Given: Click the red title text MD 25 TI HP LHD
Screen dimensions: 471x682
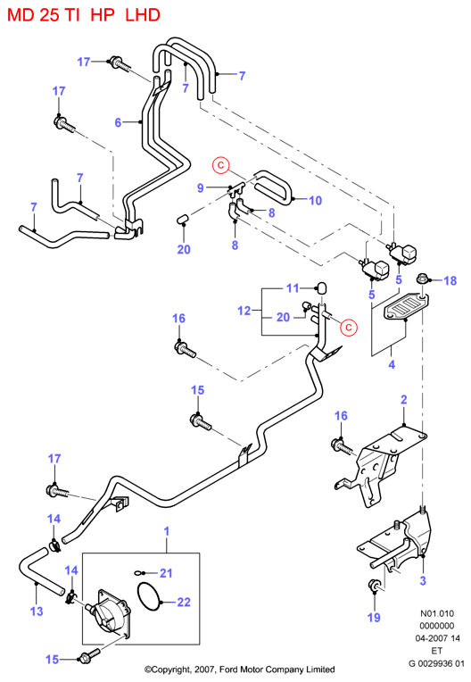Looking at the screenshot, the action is click(84, 15).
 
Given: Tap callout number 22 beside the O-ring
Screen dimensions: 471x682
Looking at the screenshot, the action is click(184, 602).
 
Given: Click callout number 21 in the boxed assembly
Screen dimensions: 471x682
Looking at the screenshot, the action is click(166, 573).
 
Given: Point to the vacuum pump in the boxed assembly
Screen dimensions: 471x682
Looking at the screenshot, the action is click(109, 612).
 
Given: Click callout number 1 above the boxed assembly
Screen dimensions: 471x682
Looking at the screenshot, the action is click(167, 531).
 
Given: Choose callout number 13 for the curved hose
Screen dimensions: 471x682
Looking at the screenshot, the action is click(37, 611).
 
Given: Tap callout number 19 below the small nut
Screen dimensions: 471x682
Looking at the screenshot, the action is click(374, 617).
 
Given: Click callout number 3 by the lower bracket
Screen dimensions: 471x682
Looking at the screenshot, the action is click(423, 580).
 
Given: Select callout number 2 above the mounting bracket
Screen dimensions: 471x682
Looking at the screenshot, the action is click(404, 399).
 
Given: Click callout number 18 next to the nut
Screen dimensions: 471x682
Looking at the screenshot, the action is click(450, 280).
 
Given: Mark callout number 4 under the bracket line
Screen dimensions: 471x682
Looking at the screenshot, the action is click(392, 364).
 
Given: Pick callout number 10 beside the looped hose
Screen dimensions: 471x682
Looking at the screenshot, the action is click(316, 201).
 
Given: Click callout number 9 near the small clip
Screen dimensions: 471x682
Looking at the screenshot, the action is click(201, 187).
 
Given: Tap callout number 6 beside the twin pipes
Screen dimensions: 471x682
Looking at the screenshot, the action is click(118, 122).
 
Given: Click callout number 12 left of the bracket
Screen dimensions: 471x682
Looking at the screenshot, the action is click(244, 311).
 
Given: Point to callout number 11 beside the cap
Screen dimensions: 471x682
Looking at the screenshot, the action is click(293, 288).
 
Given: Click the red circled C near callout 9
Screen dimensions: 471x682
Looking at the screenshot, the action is click(221, 165).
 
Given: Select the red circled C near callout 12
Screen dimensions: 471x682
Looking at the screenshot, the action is click(349, 327).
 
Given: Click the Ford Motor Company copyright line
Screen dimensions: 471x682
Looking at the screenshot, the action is click(239, 670).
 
